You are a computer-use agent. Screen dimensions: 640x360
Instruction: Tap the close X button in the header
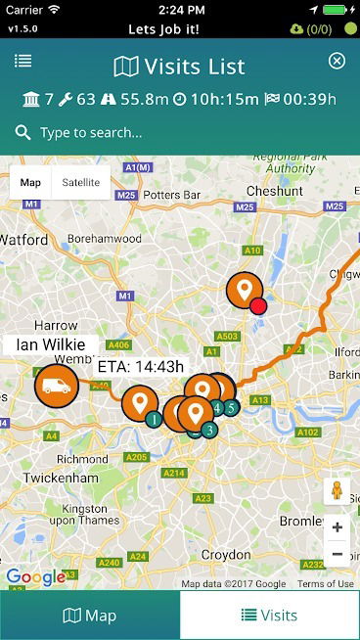(337, 62)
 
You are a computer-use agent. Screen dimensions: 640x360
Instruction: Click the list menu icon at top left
(22, 62)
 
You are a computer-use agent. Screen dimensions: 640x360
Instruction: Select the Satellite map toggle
(80, 182)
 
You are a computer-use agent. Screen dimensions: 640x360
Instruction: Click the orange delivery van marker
(57, 383)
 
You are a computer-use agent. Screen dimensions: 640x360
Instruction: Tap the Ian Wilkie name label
(50, 345)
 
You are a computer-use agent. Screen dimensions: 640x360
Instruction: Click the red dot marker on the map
(258, 306)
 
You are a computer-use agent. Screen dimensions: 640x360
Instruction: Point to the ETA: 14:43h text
(141, 367)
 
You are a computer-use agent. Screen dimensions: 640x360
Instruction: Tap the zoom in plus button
(337, 527)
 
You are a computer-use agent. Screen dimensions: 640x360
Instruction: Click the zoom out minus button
(337, 553)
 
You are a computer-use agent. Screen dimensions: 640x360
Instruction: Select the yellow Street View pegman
(337, 490)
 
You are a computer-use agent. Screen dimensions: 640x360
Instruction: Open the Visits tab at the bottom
(269, 616)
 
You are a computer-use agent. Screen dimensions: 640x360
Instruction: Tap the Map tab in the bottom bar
(90, 616)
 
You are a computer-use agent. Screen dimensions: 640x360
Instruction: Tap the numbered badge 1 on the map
(154, 419)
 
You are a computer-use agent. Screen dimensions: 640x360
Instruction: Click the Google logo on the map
(35, 577)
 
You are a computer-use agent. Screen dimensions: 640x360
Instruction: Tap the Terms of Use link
(326, 584)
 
